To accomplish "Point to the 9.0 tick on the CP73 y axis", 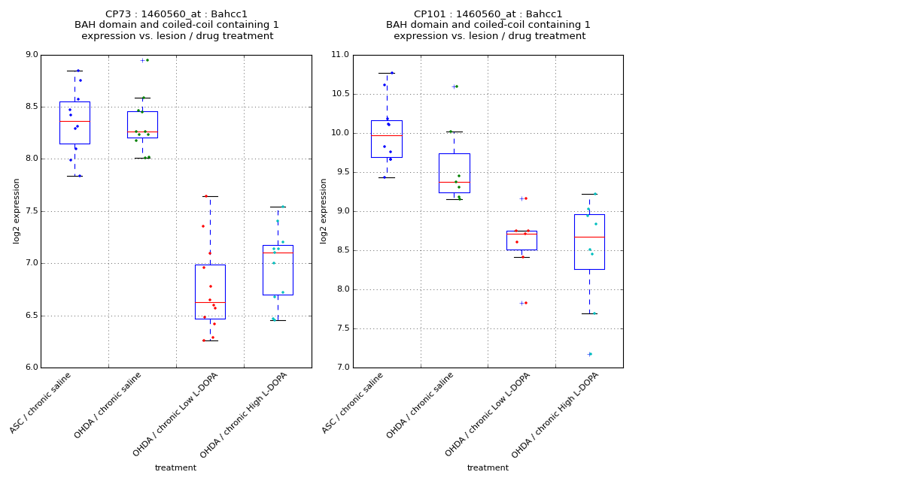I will (x=32, y=55).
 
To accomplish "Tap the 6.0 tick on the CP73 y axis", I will (x=32, y=368).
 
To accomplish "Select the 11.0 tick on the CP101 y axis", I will (x=340, y=55).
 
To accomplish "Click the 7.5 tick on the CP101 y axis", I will (x=342, y=328).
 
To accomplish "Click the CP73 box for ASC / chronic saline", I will (x=74, y=123).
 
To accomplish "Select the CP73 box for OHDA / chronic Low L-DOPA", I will (x=210, y=292).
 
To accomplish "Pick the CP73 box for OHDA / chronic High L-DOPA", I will (x=278, y=270).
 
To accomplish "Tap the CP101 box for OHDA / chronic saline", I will (x=454, y=173).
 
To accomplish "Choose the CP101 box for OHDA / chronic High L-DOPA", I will (x=589, y=241).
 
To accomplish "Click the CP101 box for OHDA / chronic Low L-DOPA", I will (x=521, y=240).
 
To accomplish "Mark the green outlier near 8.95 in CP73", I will (x=147, y=60).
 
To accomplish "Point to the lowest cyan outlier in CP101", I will (x=590, y=354).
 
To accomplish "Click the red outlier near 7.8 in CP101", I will (x=525, y=303).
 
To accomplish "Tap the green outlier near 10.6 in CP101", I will (x=456, y=86).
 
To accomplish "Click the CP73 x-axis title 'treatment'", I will (x=175, y=468).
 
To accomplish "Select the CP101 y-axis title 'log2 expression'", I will (x=324, y=210).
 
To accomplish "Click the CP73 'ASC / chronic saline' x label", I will (x=41, y=403).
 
